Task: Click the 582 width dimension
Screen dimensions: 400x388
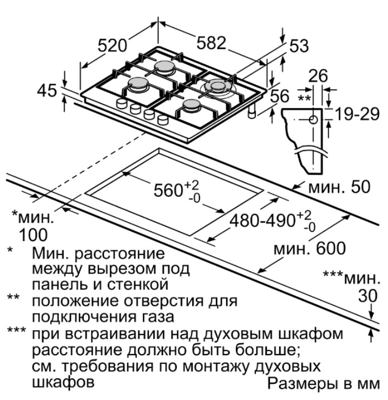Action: (211, 43)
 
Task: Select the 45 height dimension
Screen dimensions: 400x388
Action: (47, 90)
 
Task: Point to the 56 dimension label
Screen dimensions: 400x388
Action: (280, 96)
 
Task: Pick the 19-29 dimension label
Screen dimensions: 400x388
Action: (356, 114)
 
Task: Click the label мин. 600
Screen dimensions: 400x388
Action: (309, 249)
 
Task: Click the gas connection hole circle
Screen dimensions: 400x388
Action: (313, 119)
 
